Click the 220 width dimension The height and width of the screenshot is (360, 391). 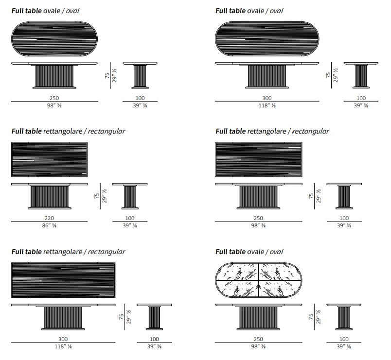(49, 218)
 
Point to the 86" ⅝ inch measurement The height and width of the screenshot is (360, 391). (49, 226)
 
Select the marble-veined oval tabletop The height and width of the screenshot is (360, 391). (258, 281)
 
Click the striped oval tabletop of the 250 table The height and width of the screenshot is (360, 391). (54, 37)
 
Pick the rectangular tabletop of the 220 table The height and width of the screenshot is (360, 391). (49, 159)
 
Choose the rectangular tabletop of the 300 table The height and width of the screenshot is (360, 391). (63, 280)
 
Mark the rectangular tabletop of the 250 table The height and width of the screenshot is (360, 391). (258, 159)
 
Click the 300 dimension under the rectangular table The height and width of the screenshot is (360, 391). (63, 339)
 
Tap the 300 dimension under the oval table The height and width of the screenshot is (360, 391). (267, 98)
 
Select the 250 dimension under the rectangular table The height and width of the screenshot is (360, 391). (258, 218)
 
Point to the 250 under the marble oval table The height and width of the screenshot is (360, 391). (258, 339)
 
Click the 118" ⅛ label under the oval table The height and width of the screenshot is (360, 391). (267, 105)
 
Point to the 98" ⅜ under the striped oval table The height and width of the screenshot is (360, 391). (54, 105)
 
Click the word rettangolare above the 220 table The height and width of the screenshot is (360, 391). (63, 131)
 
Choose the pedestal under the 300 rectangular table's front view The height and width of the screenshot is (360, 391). (64, 318)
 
